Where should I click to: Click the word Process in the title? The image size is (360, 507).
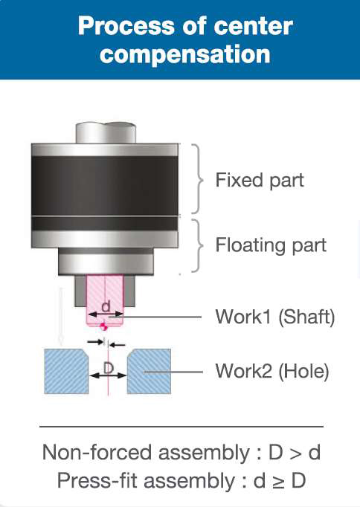pyautogui.click(x=126, y=26)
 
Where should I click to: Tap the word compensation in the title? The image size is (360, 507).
pyautogui.click(x=185, y=54)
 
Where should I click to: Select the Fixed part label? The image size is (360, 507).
pyautogui.click(x=260, y=180)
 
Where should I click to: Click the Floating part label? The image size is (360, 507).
pyautogui.click(x=271, y=245)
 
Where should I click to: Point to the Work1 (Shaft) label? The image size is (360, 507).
pyautogui.click(x=275, y=317)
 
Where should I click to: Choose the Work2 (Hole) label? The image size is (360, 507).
pyautogui.click(x=272, y=371)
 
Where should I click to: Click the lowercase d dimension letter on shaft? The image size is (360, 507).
pyautogui.click(x=106, y=306)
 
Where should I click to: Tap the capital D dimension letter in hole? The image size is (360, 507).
pyautogui.click(x=109, y=368)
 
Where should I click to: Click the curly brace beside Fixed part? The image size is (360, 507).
pyautogui.click(x=198, y=179)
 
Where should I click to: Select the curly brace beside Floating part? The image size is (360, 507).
pyautogui.click(x=198, y=246)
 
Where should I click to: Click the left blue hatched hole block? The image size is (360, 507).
pyautogui.click(x=66, y=371)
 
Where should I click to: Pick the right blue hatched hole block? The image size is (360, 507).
pyautogui.click(x=149, y=371)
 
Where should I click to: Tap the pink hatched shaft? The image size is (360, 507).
pyautogui.click(x=105, y=301)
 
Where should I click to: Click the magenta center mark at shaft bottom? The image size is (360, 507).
pyautogui.click(x=103, y=326)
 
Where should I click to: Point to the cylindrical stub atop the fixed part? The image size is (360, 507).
pyautogui.click(x=106, y=132)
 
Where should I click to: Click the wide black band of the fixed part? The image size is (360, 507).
pyautogui.click(x=105, y=185)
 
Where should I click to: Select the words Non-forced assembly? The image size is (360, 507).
pyautogui.click(x=146, y=452)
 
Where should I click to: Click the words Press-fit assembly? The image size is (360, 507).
pyautogui.click(x=147, y=480)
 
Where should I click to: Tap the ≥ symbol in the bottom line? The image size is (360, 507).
pyautogui.click(x=278, y=481)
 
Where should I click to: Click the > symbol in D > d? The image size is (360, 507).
pyautogui.click(x=295, y=453)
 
